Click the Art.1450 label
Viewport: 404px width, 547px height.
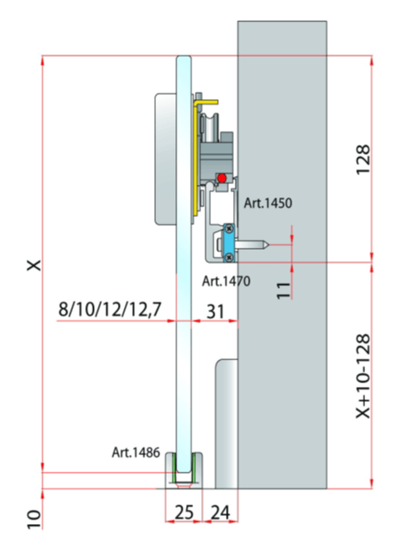(x=268, y=203)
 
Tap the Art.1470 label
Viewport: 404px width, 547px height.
(x=226, y=281)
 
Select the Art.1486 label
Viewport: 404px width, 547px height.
(x=136, y=452)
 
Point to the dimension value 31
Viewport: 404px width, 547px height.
(x=215, y=312)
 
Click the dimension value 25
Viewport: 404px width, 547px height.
(x=184, y=512)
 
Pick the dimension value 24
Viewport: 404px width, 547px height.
(x=221, y=512)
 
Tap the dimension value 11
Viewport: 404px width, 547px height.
(x=284, y=290)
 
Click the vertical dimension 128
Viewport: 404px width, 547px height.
(x=362, y=159)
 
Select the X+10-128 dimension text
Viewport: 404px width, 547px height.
(x=362, y=376)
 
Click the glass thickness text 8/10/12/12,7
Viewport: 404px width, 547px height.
(x=110, y=309)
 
